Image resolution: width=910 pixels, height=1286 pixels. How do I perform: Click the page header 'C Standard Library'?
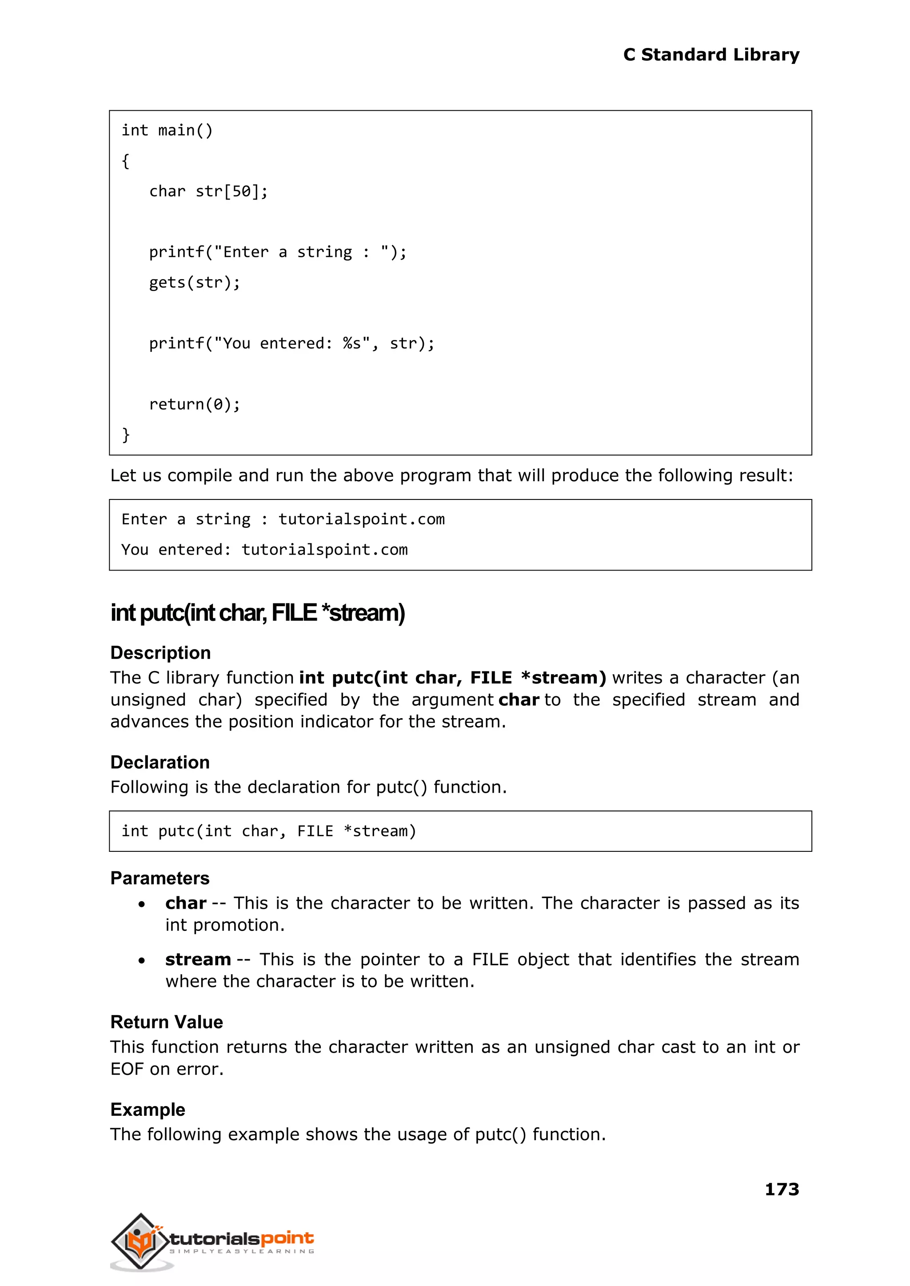pyautogui.click(x=710, y=55)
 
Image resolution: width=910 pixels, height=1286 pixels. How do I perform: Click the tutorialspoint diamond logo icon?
pyautogui.click(x=140, y=1241)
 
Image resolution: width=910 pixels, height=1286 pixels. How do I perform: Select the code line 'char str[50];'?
pyautogui.click(x=208, y=192)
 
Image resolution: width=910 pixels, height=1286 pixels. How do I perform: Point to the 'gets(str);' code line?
pyautogui.click(x=195, y=283)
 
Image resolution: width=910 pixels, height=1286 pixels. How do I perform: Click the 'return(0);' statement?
pyautogui.click(x=195, y=404)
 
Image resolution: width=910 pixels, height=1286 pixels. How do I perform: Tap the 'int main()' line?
pyautogui.click(x=167, y=131)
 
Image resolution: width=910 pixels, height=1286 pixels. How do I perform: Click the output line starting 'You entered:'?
pyautogui.click(x=264, y=550)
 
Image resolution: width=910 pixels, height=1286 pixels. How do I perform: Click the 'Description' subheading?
pyautogui.click(x=160, y=653)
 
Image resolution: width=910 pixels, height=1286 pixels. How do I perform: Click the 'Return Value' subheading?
pyautogui.click(x=167, y=1022)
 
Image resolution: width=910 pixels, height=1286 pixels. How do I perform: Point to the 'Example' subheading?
pyautogui.click(x=148, y=1110)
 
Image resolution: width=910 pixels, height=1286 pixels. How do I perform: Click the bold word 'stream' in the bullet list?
pyautogui.click(x=198, y=960)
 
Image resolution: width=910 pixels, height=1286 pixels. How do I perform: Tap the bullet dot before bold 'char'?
pyautogui.click(x=142, y=904)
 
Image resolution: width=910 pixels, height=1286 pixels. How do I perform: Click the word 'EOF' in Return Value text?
pyautogui.click(x=127, y=1069)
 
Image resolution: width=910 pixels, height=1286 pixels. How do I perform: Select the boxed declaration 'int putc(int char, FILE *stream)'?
pyautogui.click(x=269, y=831)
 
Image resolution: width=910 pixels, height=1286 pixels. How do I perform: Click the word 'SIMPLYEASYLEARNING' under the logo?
pyautogui.click(x=242, y=1251)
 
